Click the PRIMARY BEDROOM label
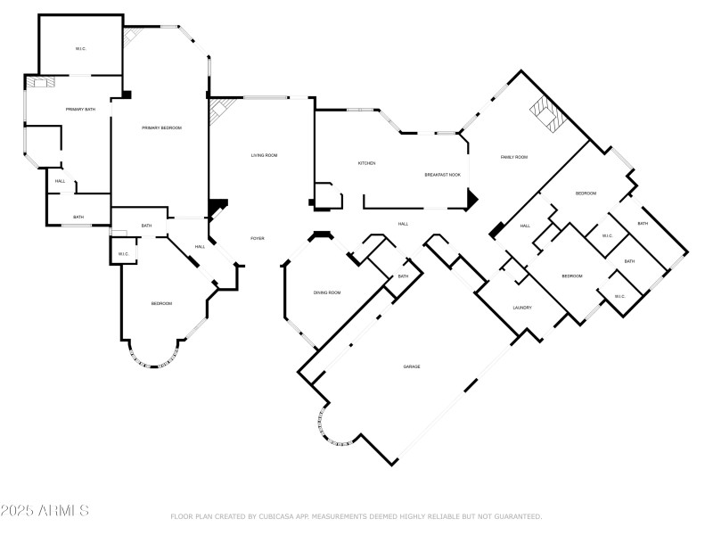161,128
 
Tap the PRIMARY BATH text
80,109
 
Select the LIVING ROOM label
263,156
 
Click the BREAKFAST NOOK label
442,175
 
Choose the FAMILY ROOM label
513,157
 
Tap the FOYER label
257,238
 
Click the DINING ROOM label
327,292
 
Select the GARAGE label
411,366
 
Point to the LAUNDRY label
522,308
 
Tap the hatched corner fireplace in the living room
218,113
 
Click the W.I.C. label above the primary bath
79,48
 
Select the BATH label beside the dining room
403,276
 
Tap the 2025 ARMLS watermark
45,511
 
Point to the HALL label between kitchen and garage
403,224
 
